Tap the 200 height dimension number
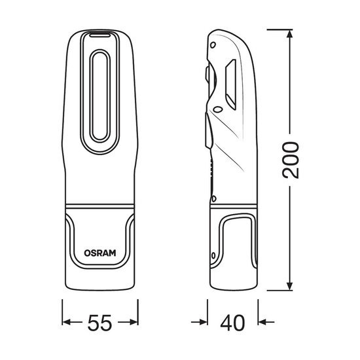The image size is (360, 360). (295, 160)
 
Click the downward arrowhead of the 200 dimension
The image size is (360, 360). (287, 287)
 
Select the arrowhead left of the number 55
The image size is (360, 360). (68, 321)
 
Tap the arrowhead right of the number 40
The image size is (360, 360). (263, 321)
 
